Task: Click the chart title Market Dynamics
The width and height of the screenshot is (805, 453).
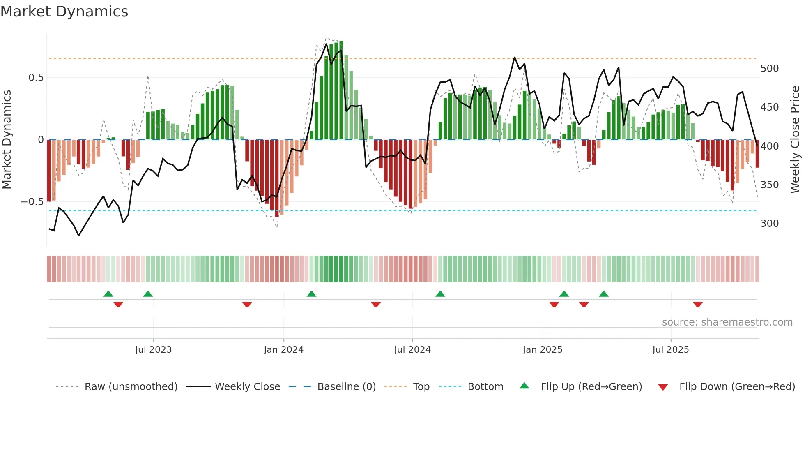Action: point(64,12)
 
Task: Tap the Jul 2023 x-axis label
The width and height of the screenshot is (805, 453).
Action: point(153,350)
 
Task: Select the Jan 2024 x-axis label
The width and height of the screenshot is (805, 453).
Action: point(283,350)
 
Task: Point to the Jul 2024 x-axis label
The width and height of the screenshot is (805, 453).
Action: point(412,350)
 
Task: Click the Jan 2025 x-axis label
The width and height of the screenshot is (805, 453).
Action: point(543,350)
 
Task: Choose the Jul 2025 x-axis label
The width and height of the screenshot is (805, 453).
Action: point(671,350)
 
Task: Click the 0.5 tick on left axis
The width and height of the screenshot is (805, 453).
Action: point(36,78)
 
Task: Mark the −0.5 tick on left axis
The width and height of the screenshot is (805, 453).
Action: point(32,202)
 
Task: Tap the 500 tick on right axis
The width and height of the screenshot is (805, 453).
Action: point(769,69)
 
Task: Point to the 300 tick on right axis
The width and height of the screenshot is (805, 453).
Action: point(769,224)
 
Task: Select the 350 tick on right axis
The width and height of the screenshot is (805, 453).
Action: point(769,185)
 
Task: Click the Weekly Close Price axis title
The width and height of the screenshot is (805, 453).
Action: point(795,140)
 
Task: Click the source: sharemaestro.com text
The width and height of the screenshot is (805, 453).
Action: point(727,322)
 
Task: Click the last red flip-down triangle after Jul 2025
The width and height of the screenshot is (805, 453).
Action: point(698,305)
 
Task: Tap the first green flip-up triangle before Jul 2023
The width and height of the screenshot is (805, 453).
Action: point(108,294)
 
